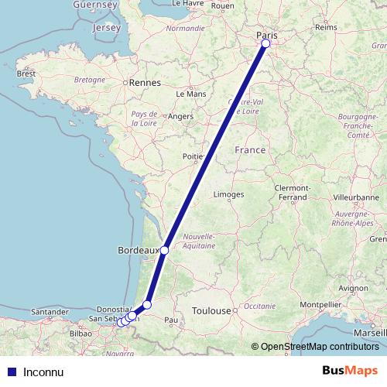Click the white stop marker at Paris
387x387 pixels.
[265, 43]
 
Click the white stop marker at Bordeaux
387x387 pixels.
[164, 250]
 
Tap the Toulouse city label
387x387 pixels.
[211, 310]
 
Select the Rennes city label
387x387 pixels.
[144, 81]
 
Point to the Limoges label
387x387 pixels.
[229, 194]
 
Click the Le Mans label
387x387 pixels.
[190, 94]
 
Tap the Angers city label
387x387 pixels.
[180, 117]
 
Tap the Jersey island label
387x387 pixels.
[106, 28]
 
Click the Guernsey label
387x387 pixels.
[95, 5]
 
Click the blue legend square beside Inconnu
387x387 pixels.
[11, 372]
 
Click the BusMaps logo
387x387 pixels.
[350, 371]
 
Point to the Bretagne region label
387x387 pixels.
[88, 80]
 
